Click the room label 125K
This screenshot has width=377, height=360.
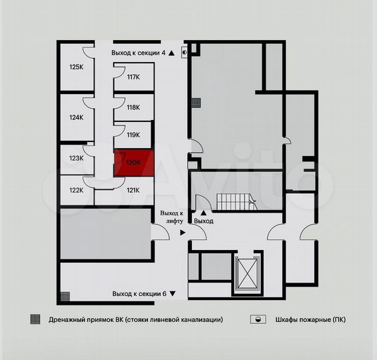[x=76, y=67]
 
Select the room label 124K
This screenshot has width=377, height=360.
[x=76, y=117]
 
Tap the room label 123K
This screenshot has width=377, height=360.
[x=76, y=158]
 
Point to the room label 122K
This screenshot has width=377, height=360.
[x=76, y=190]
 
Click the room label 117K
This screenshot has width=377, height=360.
[x=133, y=77]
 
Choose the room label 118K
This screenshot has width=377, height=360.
[x=133, y=107]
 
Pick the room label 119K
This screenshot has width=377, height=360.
[x=133, y=135]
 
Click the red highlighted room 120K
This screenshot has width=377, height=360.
[x=134, y=163]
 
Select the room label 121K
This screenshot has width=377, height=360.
[x=133, y=190]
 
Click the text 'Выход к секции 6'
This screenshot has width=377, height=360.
[x=139, y=293]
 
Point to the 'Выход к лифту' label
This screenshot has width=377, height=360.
[x=171, y=217]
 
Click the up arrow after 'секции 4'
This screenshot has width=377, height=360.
[x=172, y=52]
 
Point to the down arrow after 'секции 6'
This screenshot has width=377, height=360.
[x=173, y=293]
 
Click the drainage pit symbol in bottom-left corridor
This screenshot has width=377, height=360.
[x=65, y=295]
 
